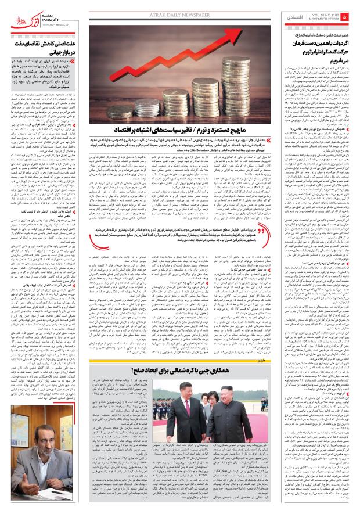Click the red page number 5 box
point(346,18)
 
